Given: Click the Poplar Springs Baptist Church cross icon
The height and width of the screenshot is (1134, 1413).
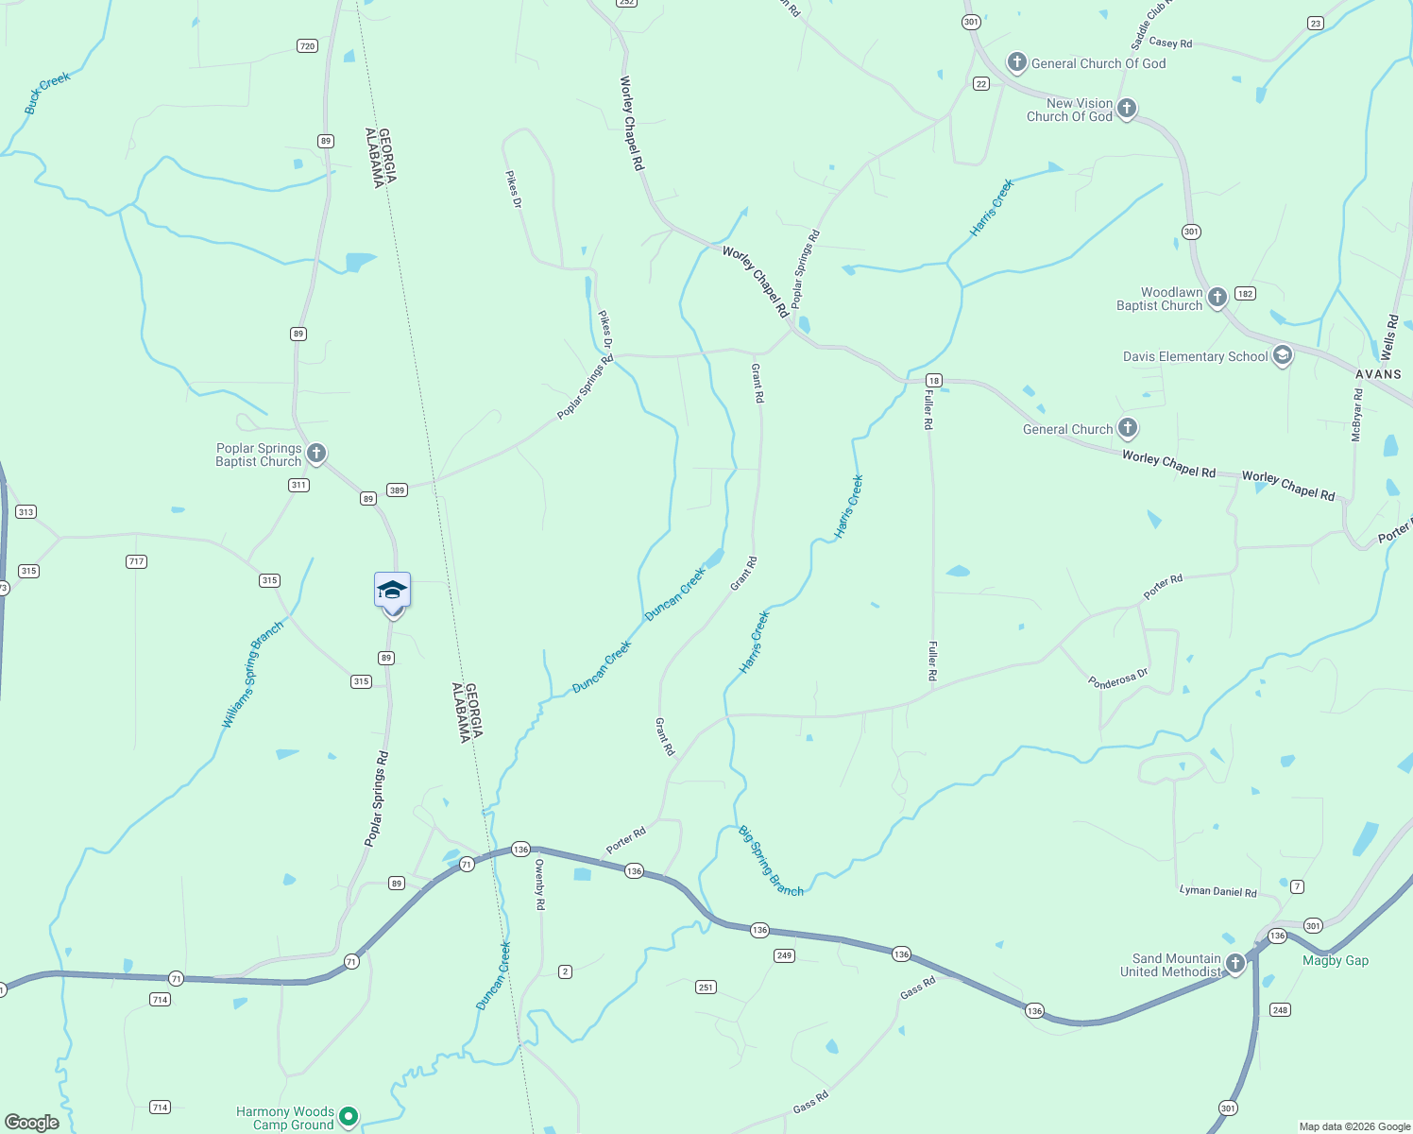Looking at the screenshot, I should click(x=316, y=454).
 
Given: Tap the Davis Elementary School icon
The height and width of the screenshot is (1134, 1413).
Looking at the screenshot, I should click(x=1282, y=355).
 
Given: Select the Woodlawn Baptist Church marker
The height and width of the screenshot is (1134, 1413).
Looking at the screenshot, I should click(x=1217, y=298).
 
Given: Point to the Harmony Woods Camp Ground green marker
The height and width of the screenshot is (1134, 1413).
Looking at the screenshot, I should click(x=348, y=1116).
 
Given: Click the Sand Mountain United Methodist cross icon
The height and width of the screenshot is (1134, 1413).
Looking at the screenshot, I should click(x=1234, y=963).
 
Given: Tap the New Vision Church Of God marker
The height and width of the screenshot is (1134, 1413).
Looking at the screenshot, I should click(x=1126, y=108).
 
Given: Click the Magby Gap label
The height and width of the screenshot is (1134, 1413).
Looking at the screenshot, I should click(x=1335, y=960).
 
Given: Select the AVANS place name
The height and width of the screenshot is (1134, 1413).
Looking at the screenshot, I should click(x=1378, y=374).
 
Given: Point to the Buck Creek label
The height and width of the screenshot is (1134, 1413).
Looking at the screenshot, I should click(x=47, y=93).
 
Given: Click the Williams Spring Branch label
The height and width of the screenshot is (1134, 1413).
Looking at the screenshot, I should click(x=252, y=675).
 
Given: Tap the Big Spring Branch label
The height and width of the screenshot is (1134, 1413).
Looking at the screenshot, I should click(x=771, y=861).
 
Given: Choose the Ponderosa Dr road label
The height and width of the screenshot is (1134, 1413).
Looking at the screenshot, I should click(x=1117, y=679).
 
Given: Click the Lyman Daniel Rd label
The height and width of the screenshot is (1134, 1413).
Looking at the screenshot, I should click(x=1217, y=891).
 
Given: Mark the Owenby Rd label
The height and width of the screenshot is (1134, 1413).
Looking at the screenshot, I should click(x=539, y=884).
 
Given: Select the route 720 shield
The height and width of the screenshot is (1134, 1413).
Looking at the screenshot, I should click(x=307, y=45).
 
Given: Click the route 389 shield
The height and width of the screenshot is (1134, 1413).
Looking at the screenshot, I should click(x=397, y=490).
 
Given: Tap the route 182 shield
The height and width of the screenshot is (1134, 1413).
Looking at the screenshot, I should click(x=1245, y=294).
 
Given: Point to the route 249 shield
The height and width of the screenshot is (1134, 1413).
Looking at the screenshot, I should click(x=783, y=955).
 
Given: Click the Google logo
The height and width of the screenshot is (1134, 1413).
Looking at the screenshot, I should click(x=32, y=1123).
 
